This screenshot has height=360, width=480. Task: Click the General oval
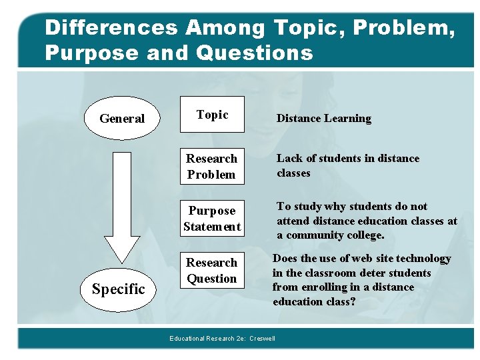(122, 119)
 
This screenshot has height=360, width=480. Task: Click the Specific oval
(118, 289)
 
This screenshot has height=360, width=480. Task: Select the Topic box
(212, 115)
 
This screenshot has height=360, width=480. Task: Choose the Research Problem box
(211, 167)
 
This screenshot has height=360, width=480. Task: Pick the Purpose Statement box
(212, 219)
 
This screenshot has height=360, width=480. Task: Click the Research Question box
(212, 271)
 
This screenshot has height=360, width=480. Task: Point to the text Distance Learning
(324, 119)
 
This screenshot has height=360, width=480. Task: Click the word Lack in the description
(289, 159)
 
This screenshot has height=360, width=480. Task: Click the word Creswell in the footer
(262, 339)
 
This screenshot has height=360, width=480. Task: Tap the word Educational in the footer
(187, 339)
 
